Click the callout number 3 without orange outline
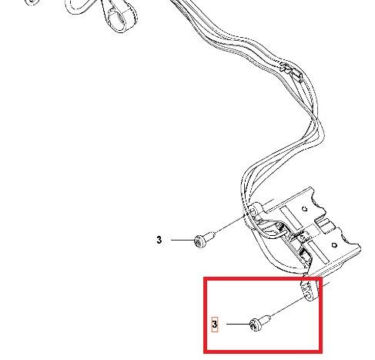point(159,240)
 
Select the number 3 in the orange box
point(215,325)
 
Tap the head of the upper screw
point(199,241)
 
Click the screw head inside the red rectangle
point(255,325)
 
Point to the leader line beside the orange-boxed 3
point(239,324)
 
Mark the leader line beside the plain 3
point(182,240)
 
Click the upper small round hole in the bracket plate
point(305,209)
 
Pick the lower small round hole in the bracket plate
point(334,245)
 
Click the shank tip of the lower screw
point(269,318)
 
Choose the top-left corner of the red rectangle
point(204,278)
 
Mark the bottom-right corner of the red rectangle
point(322,353)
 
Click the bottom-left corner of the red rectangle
point(204,353)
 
